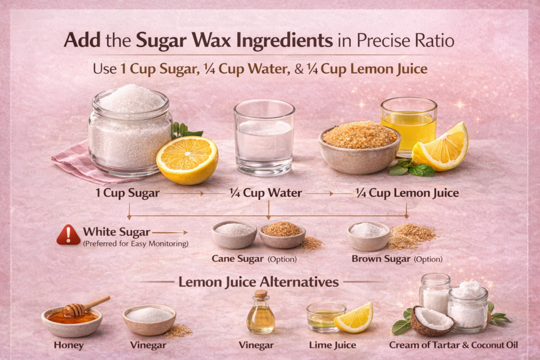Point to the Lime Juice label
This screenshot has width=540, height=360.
[x=332, y=345]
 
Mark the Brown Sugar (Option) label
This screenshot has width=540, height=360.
[x=397, y=259]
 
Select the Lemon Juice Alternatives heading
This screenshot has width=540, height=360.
[x=258, y=282]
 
